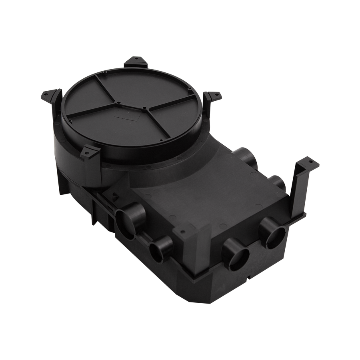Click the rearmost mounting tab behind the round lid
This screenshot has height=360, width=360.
135,62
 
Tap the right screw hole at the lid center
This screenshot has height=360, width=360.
143,108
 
